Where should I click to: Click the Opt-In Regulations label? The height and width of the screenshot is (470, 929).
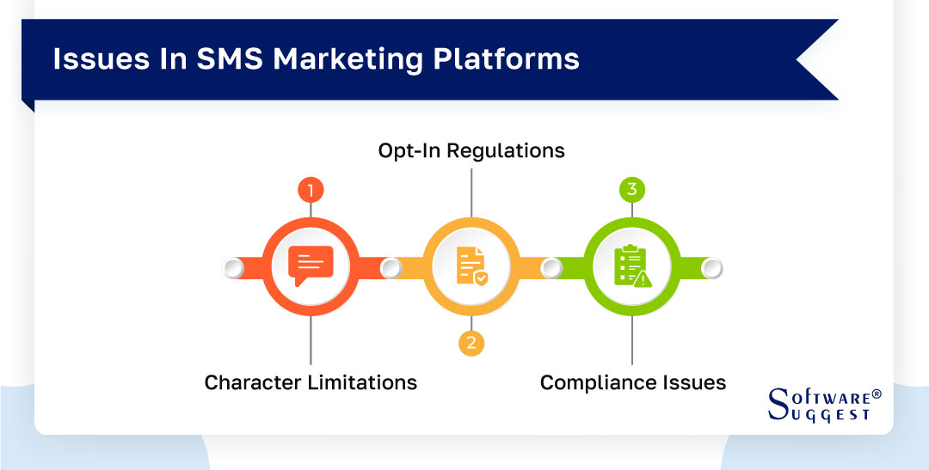[x=471, y=150]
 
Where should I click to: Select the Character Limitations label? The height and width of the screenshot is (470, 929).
[x=311, y=382]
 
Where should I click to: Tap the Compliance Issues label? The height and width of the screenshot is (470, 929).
[x=632, y=382]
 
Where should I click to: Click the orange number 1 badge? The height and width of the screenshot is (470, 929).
[x=310, y=190]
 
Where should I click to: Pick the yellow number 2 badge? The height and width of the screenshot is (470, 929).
[x=471, y=344]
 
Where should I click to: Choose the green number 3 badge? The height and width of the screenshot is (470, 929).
[x=632, y=190]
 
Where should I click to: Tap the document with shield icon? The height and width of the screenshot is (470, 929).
[x=471, y=266]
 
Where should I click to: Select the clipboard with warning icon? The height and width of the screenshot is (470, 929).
[x=632, y=266]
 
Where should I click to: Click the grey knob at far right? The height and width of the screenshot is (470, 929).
[x=711, y=269]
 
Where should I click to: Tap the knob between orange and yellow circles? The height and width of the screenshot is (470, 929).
[x=391, y=269]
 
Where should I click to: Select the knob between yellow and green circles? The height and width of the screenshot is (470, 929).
[x=551, y=269]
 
